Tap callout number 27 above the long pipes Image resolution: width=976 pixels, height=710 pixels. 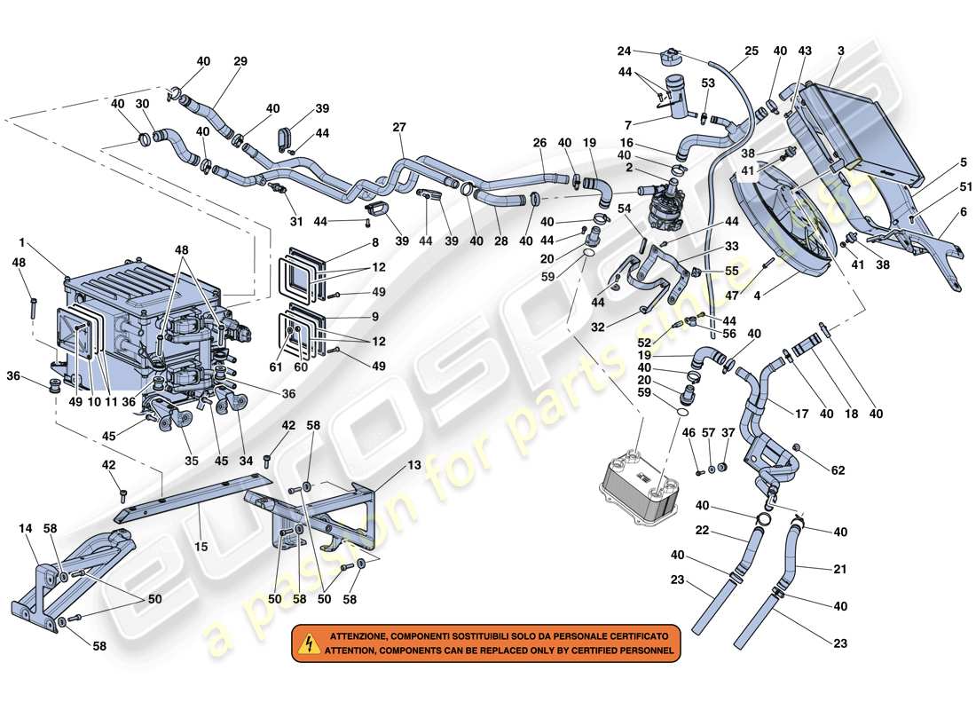(x=400, y=127)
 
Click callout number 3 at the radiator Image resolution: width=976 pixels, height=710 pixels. (x=839, y=51)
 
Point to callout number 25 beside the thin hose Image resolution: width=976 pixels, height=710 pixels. (x=752, y=51)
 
